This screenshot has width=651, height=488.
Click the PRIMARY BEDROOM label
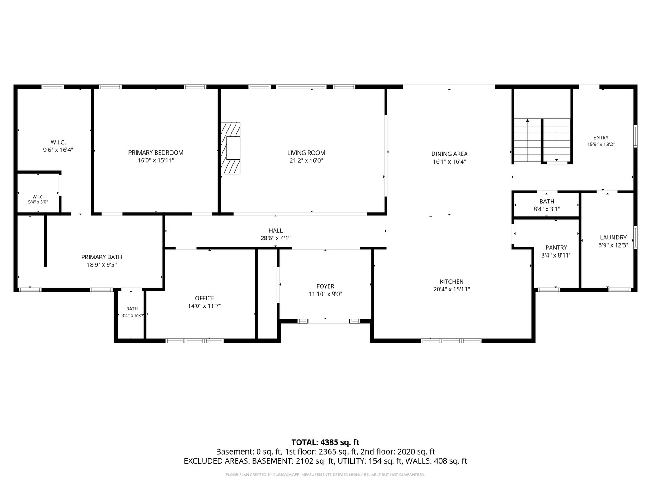point(156,153)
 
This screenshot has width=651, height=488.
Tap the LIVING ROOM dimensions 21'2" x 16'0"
point(306,160)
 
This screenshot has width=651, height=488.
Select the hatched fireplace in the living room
point(230,148)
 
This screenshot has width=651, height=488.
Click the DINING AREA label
point(449,154)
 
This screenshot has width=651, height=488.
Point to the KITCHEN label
point(451,282)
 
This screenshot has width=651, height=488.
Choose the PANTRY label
point(556,248)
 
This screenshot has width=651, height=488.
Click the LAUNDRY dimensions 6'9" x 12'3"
point(613,245)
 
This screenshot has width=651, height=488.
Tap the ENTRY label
point(601,137)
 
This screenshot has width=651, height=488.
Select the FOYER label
point(325,286)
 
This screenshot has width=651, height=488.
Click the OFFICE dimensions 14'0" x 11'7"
point(204,306)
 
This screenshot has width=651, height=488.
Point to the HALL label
point(275,230)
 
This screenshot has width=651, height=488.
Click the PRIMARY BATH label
point(102,257)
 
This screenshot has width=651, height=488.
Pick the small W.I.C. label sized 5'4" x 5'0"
point(38,197)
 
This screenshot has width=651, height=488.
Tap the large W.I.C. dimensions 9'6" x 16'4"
point(58,150)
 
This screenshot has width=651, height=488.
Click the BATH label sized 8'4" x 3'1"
point(547,202)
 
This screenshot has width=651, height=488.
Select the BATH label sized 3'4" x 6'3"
point(132,309)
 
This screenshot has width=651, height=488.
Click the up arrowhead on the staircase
point(528,120)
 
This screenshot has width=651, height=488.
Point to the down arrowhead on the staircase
point(557,160)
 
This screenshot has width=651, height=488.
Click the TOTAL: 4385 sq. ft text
point(325,442)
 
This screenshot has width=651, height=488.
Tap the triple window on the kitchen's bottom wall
point(451,341)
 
